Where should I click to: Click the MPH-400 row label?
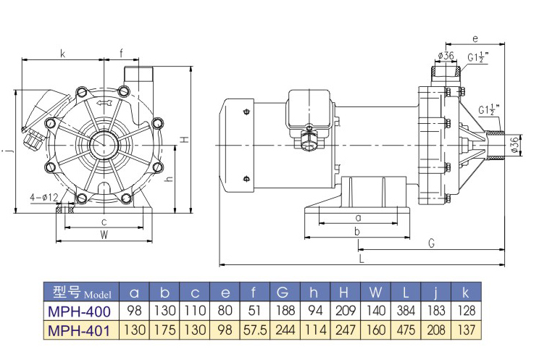[x=79, y=311]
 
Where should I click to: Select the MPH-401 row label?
[x=79, y=331]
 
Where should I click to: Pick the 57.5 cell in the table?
[x=253, y=331]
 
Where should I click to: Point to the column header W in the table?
[x=375, y=293]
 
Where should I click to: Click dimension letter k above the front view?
[x=62, y=53]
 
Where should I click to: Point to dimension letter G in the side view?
[x=431, y=243]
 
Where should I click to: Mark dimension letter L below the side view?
[x=361, y=257]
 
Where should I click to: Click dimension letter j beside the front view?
[x=7, y=151]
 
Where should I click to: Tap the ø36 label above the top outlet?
[x=446, y=56]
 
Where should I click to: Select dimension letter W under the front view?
[x=104, y=235]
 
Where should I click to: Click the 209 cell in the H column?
[x=343, y=311]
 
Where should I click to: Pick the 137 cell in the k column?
[x=465, y=331]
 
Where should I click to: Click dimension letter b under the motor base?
[x=357, y=230]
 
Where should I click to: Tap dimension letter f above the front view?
[x=122, y=53]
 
